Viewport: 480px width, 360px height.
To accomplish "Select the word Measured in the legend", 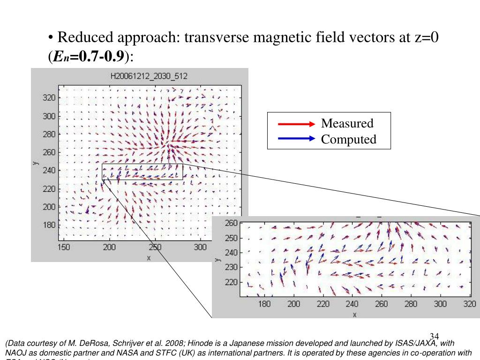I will pyautogui.click(x=347, y=124).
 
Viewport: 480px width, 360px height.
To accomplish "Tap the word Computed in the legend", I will pyautogui.click(x=348, y=139).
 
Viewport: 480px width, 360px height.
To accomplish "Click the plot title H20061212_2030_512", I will pyautogui.click(x=150, y=76).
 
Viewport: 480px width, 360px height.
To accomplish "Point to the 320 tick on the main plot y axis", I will pyautogui.click(x=49, y=98).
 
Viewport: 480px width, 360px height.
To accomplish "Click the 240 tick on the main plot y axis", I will pyautogui.click(x=49, y=171).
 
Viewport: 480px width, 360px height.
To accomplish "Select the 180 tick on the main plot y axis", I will pyautogui.click(x=49, y=225).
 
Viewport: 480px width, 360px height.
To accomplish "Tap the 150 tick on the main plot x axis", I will pyautogui.click(x=64, y=247).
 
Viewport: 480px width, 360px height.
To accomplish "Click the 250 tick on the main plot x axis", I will pyautogui.click(x=155, y=247).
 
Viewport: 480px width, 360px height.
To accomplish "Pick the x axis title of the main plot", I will pyautogui.click(x=149, y=257).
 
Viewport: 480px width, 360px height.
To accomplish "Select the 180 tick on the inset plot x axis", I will pyautogui.click(x=264, y=304).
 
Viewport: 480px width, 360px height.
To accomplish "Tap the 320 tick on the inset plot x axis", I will pyautogui.click(x=469, y=304).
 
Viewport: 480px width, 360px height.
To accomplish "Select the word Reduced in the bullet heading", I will pyautogui.click(x=79, y=37).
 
